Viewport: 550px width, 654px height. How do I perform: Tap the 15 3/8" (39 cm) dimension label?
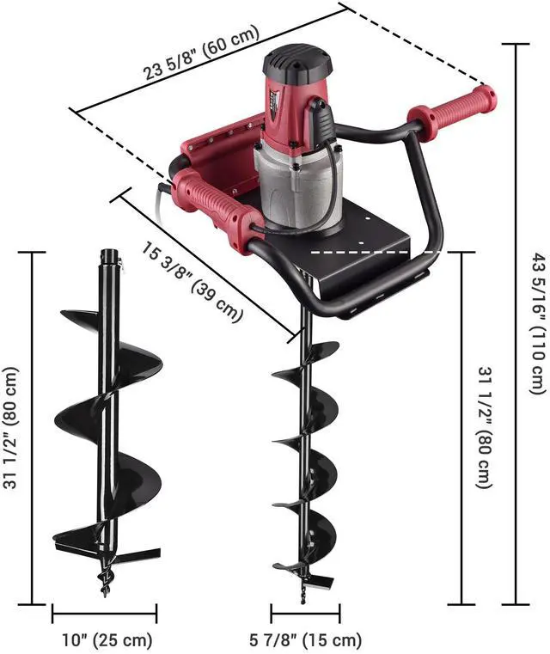click(x=187, y=284)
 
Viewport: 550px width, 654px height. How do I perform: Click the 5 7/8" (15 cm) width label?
click(x=306, y=640)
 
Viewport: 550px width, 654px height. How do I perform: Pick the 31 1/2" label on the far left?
click(x=11, y=428)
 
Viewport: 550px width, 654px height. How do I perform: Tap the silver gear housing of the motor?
click(x=296, y=185)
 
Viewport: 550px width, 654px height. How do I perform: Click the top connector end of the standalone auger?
click(x=108, y=258)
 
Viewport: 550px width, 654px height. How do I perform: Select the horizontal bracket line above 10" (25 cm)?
click(x=104, y=614)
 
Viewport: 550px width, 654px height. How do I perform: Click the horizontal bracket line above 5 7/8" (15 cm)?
click(x=305, y=614)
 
